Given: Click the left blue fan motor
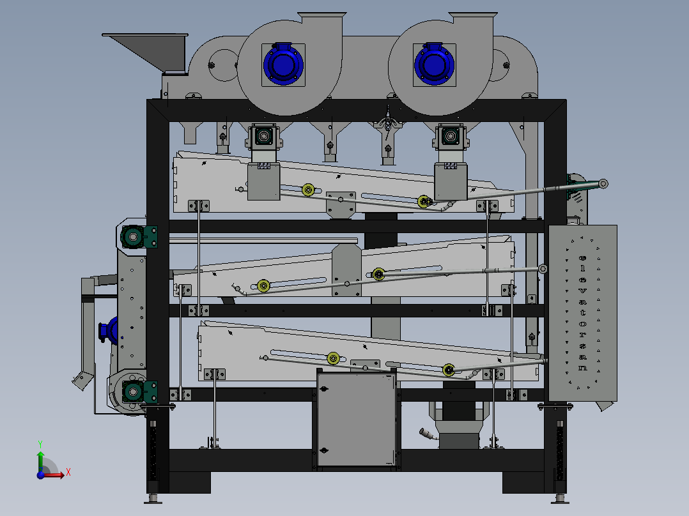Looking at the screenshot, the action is coord(283,64).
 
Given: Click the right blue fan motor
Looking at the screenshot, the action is coord(434,64).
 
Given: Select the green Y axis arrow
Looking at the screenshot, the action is coord(40,459).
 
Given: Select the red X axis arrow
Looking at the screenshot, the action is coord(52,474).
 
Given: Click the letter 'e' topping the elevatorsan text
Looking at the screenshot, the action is coord(583,259).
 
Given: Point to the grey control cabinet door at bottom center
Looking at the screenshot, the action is coord(356,420).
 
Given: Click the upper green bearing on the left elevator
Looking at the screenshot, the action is coord(134,237).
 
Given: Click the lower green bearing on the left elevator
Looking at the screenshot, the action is coord(134,391).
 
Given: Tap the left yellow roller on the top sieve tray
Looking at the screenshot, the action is coord(309,190).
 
